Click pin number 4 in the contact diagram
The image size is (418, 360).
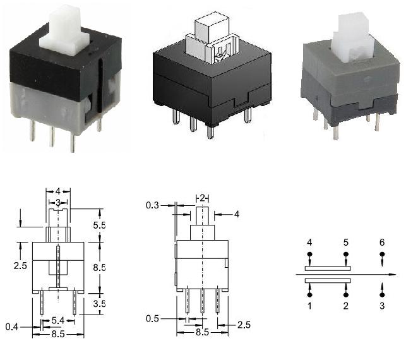point(309,243)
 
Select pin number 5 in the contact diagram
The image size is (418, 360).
point(346,243)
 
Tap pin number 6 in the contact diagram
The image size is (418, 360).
point(382,243)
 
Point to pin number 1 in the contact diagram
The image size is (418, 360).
point(309,306)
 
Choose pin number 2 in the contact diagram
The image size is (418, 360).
point(346,306)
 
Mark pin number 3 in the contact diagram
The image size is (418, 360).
point(382,306)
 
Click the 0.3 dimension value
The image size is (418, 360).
point(152,205)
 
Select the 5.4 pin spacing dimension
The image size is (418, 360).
point(58,321)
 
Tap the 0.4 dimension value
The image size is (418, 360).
point(12,327)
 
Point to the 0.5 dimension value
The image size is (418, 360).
point(152,318)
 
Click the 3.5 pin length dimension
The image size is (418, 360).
point(99,303)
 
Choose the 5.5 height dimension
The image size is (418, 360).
point(99,225)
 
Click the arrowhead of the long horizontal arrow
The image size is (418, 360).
point(393,274)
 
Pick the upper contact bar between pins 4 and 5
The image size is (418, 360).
point(328,268)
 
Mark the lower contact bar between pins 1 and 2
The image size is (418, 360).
point(328,280)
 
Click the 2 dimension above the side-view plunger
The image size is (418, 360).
point(202,198)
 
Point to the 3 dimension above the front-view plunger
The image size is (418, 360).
point(58,203)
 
